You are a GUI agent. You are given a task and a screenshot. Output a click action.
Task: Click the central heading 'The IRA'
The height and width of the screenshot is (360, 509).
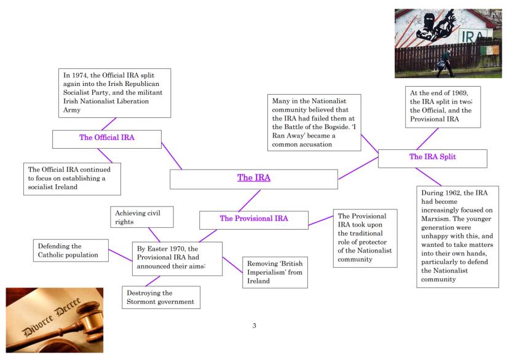click(x=254, y=179)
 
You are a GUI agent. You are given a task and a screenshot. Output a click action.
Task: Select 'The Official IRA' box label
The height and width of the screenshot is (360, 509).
click(x=107, y=138)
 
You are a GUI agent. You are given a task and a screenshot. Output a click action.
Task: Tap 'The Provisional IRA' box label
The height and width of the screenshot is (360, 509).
click(x=254, y=218)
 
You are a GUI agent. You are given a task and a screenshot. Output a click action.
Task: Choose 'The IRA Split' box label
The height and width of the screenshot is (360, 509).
click(x=432, y=157)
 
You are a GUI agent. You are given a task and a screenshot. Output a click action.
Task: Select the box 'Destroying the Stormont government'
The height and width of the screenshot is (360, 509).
click(x=160, y=297)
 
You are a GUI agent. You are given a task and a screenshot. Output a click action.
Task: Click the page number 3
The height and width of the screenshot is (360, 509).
click(x=254, y=325)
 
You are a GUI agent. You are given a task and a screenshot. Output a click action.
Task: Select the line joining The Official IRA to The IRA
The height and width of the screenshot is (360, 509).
click(x=172, y=156)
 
